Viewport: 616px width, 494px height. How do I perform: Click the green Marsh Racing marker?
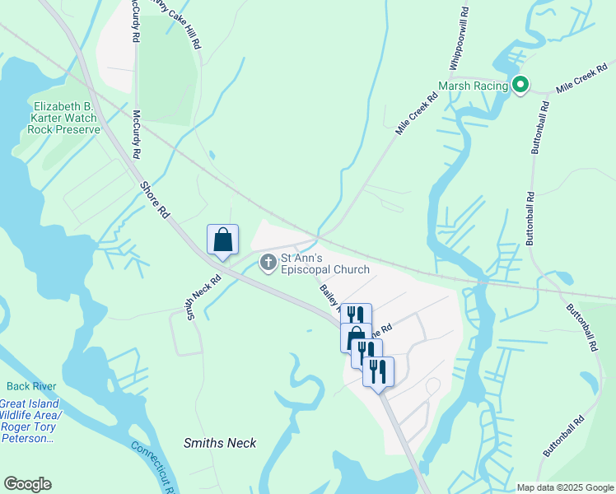pos(520,84)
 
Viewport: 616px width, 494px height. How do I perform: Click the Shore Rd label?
pos(154,200)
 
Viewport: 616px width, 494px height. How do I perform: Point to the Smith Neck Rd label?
pos(203,296)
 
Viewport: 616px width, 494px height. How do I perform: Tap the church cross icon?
pos(268,263)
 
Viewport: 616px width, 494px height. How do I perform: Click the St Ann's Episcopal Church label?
pos(324,263)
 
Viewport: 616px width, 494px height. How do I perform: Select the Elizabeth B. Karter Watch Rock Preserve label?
pos(63,118)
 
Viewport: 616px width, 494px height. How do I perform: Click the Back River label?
pos(29,385)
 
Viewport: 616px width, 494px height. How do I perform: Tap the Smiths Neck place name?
pos(219,443)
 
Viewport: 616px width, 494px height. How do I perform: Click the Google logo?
pos(27,484)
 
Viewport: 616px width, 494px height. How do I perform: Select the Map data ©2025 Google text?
pos(564,487)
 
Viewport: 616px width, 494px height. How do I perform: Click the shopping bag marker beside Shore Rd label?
pos(222,240)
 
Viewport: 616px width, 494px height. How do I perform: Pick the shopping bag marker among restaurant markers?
pos(355,337)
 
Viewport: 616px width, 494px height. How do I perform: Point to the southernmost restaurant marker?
pos(378,371)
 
